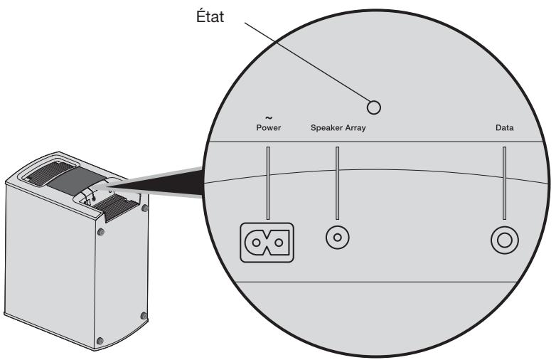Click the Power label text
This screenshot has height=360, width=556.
pos(269,129)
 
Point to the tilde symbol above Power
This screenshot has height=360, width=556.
pos(269,119)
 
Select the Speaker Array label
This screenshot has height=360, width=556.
pos(338,129)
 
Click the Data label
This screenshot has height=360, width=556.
pos(504,129)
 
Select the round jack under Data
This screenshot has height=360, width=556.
pos(504,241)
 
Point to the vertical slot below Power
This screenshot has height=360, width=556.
pos(269,183)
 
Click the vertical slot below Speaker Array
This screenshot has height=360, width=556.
pos(338,183)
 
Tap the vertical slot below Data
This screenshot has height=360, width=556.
pos(504,183)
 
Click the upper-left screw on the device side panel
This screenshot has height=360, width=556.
pos(101,232)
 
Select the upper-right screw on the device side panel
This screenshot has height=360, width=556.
pos(146,208)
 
